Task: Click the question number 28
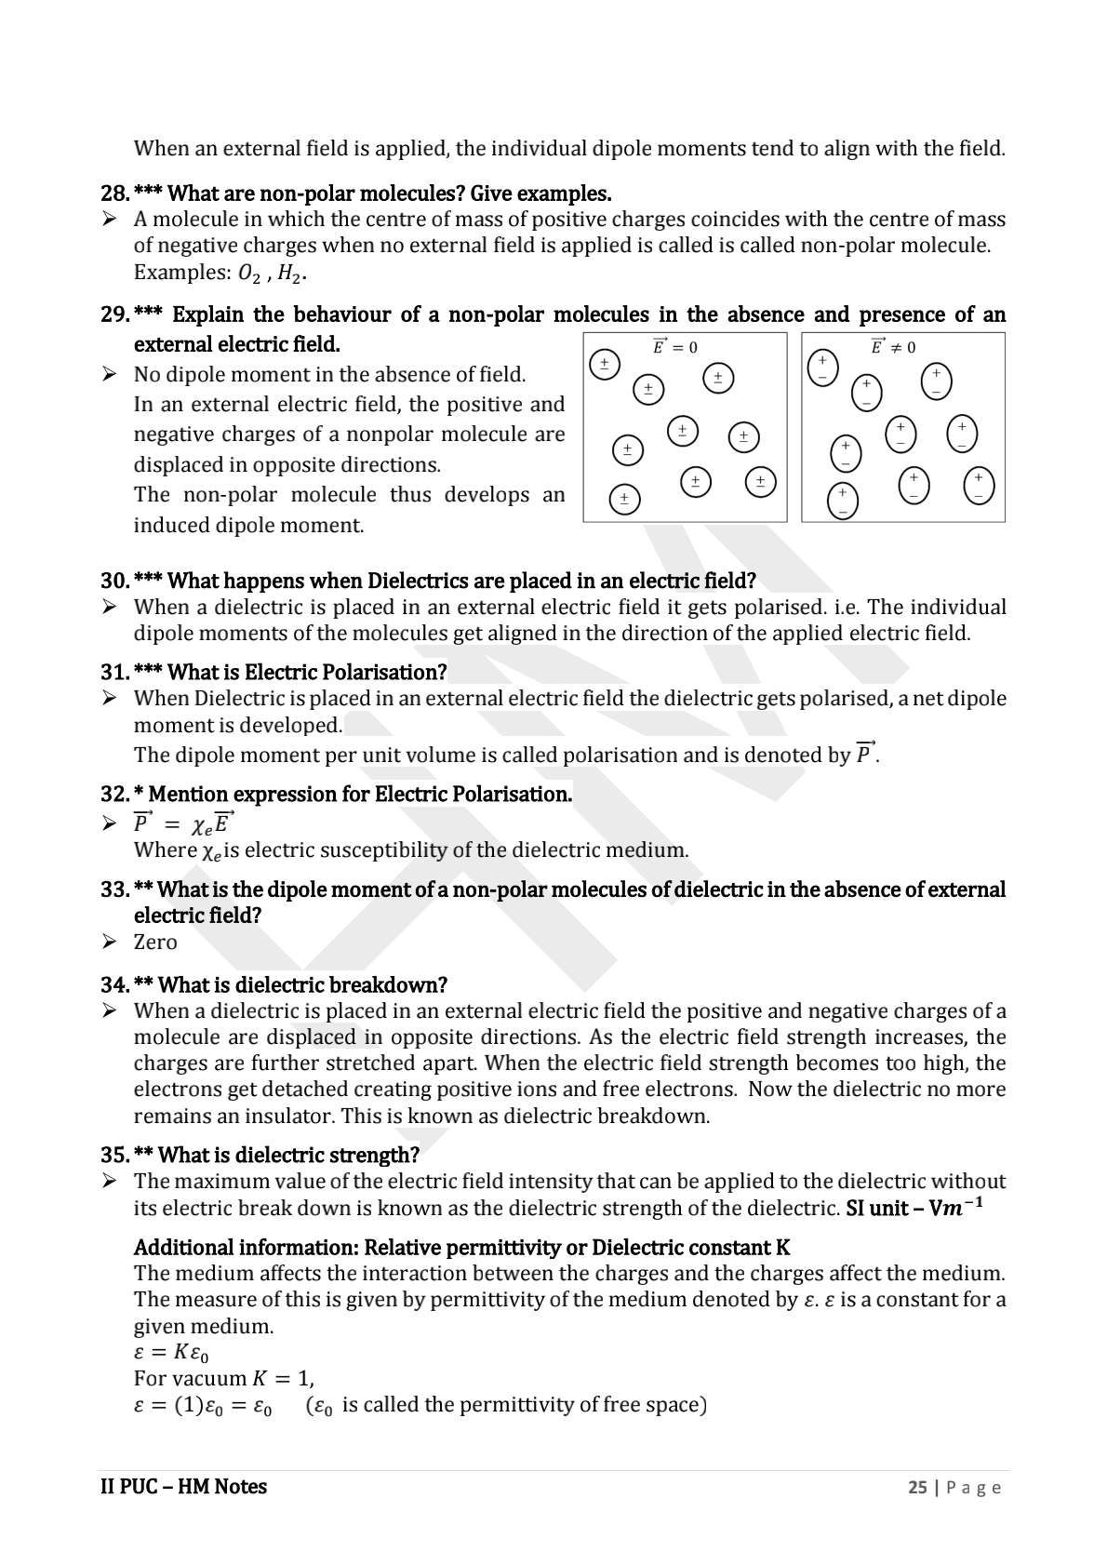(114, 194)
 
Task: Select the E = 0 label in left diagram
(674, 347)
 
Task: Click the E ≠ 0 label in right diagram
(892, 347)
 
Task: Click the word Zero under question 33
(155, 942)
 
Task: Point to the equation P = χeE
(184, 823)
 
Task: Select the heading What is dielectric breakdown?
(302, 984)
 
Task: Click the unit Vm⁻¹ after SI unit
(957, 1208)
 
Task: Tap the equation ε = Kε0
(171, 1353)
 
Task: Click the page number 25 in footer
(917, 1488)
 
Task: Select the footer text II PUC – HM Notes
(183, 1487)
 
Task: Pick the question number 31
(114, 672)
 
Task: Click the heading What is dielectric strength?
(288, 1155)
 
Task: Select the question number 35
(114, 1155)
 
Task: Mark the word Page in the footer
(974, 1488)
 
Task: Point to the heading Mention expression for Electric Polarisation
(360, 794)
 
